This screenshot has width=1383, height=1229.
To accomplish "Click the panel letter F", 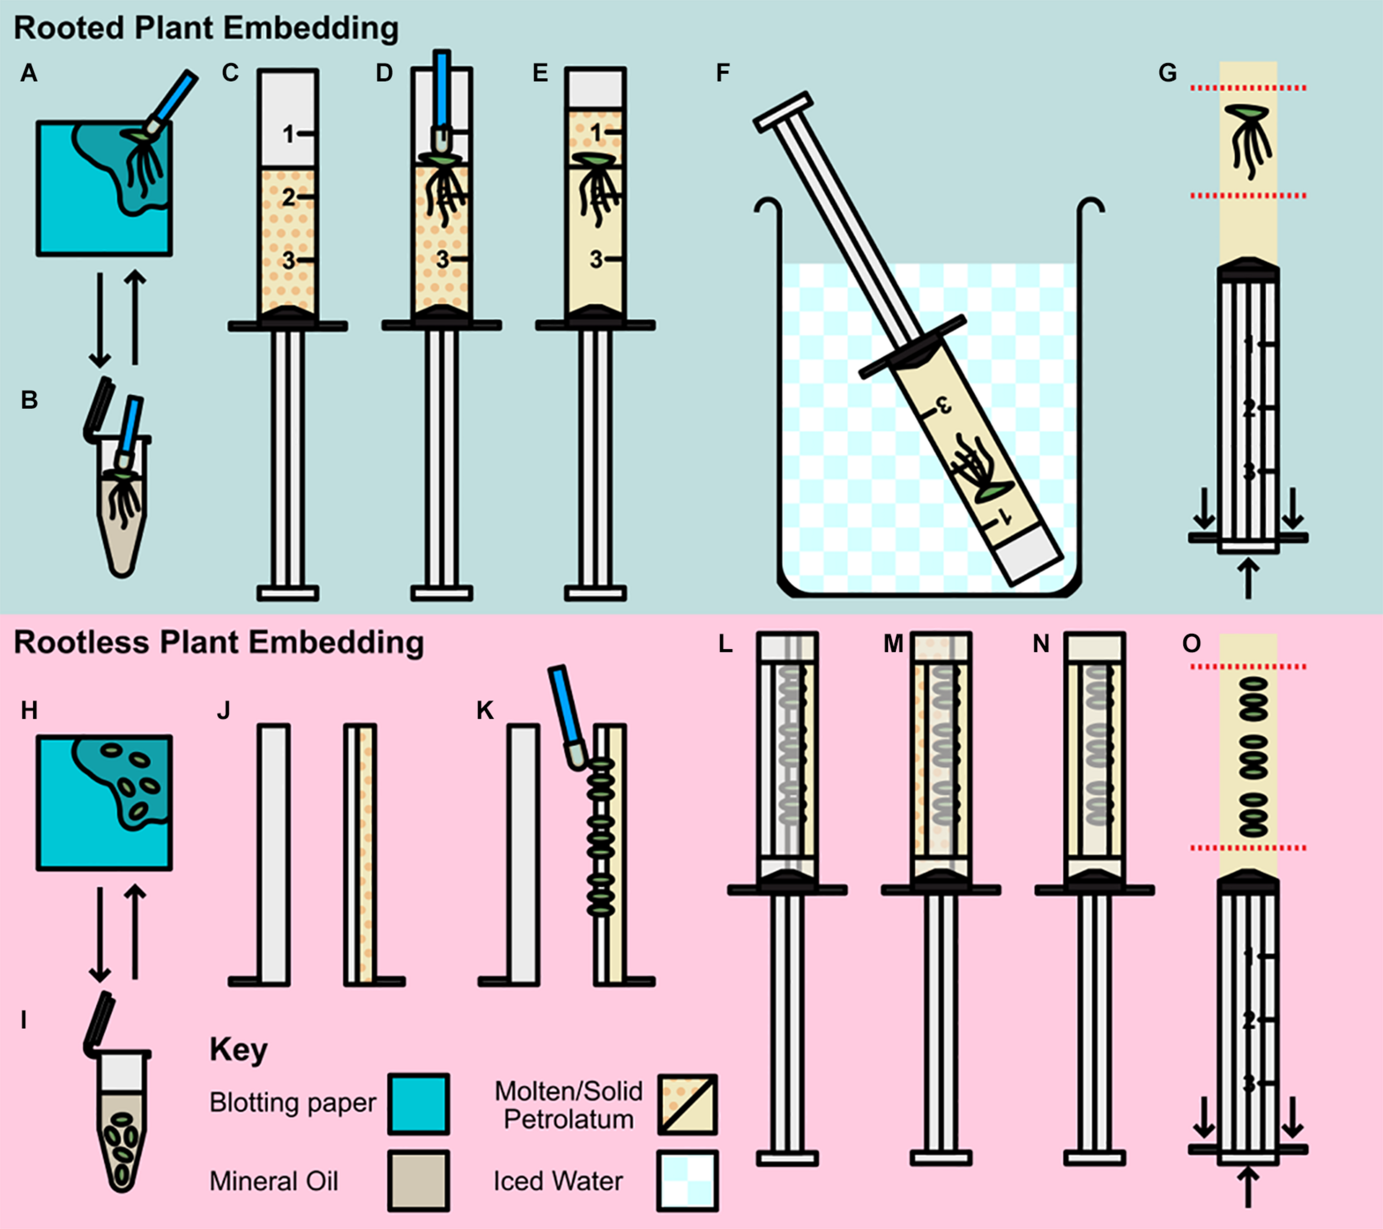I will [722, 72].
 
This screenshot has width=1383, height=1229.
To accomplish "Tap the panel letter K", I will [485, 710].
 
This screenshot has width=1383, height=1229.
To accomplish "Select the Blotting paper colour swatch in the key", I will [418, 1103].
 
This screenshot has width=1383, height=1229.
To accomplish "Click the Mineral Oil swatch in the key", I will [418, 1181].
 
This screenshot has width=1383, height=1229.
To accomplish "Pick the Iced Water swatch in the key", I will [687, 1181].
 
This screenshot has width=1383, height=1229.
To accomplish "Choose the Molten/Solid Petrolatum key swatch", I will [687, 1103].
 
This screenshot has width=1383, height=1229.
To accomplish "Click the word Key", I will [238, 1050].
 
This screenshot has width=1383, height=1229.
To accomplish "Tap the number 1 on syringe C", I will [289, 134].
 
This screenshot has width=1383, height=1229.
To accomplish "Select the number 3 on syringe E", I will [595, 259].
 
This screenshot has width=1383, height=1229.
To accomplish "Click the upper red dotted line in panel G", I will [1249, 88].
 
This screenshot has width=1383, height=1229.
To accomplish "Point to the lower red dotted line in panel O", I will [1249, 847].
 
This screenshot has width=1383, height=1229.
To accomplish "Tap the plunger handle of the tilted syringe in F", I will [783, 112].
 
